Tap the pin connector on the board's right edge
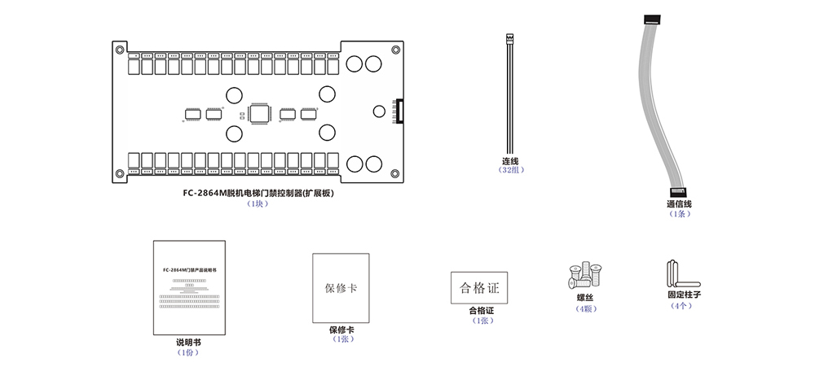[398, 111]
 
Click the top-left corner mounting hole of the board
[121, 50]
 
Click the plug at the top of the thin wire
[510, 37]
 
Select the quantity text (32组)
[511, 170]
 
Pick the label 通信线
[679, 204]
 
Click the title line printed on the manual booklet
[188, 268]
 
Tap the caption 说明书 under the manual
[188, 343]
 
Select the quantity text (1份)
[188, 352]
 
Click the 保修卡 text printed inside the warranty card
[341, 289]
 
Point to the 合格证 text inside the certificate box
[479, 287]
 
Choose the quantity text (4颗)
[585, 308]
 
